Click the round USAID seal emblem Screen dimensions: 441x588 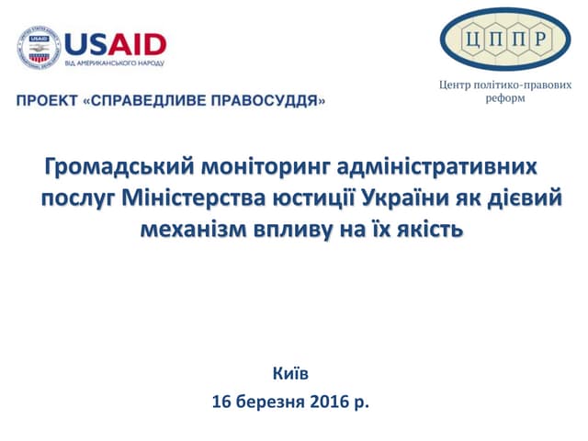pyautogui.click(x=38, y=48)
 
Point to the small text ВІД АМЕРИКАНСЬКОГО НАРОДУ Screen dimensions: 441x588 pyautogui.click(x=114, y=62)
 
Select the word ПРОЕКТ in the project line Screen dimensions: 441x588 pyautogui.click(x=45, y=98)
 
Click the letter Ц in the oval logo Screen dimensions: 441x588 pyautogui.click(x=470, y=39)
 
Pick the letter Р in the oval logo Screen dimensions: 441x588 pyautogui.click(x=541, y=39)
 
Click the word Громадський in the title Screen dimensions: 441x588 pyautogui.click(x=118, y=169)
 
